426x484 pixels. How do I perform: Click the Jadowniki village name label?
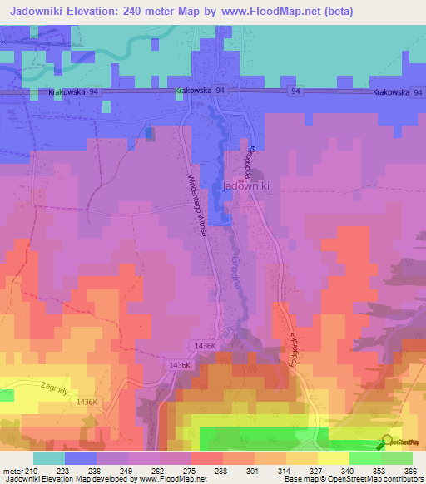pyautogui.click(x=245, y=187)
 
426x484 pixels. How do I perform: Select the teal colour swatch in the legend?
pyautogui.click(x=48, y=458)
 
